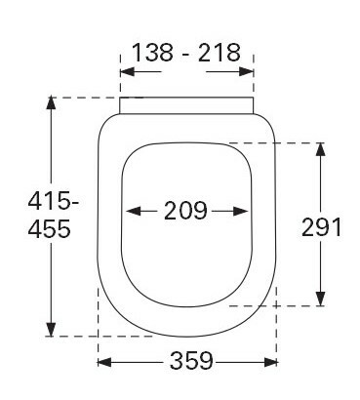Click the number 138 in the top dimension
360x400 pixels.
tap(153, 53)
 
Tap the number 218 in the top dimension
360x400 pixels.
tap(220, 53)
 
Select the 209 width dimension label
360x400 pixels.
tap(185, 211)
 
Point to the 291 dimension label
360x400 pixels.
tap(321, 227)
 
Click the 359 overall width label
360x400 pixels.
tap(191, 361)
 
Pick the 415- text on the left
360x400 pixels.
tap(54, 201)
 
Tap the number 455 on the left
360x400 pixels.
tap(49, 228)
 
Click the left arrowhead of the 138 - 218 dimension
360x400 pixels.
tap(127, 71)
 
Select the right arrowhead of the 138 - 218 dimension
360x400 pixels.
tap(246, 71)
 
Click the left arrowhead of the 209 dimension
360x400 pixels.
tap(133, 212)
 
